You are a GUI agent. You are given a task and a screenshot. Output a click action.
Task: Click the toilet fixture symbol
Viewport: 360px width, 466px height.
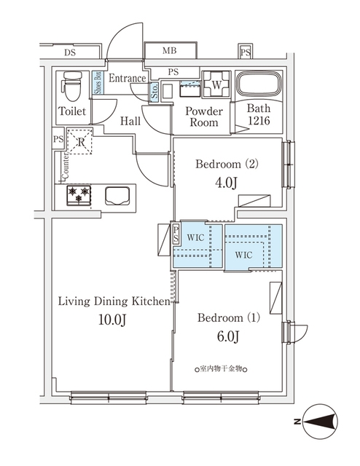72,87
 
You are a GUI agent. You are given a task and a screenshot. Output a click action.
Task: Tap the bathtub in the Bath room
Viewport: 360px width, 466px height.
259,84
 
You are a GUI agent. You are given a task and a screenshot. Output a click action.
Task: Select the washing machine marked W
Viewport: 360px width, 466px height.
216,84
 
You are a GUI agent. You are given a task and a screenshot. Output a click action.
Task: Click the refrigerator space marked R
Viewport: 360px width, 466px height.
79,142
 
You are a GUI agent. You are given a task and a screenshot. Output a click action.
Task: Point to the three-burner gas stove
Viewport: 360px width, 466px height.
79,195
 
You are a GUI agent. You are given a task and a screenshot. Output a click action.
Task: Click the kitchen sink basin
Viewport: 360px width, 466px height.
117,196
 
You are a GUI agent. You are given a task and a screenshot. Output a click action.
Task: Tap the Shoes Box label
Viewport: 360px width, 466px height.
98,83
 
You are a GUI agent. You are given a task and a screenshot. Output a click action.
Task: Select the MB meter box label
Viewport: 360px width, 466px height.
170,51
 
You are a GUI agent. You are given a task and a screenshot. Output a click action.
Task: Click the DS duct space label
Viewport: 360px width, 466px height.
70,52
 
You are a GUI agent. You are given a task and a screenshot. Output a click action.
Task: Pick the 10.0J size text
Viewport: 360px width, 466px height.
112,320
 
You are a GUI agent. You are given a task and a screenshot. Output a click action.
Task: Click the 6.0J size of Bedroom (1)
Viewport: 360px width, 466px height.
228,336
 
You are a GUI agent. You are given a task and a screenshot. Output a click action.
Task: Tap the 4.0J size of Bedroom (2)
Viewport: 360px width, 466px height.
226,183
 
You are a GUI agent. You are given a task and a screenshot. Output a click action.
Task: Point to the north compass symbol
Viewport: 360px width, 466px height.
320,422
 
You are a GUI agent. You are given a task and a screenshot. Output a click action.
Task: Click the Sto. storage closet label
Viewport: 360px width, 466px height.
154,92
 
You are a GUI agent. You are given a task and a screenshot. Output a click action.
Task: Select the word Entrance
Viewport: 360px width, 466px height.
128,78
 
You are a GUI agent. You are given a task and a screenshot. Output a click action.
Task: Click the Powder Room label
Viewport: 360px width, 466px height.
204,116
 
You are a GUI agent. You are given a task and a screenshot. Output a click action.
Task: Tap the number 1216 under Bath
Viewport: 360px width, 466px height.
259,120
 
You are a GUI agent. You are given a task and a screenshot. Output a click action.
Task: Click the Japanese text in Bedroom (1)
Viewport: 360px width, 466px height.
221,369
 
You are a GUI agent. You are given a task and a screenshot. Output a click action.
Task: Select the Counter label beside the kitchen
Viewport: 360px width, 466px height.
65,165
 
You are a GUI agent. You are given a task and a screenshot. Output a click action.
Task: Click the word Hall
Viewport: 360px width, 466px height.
130,121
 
